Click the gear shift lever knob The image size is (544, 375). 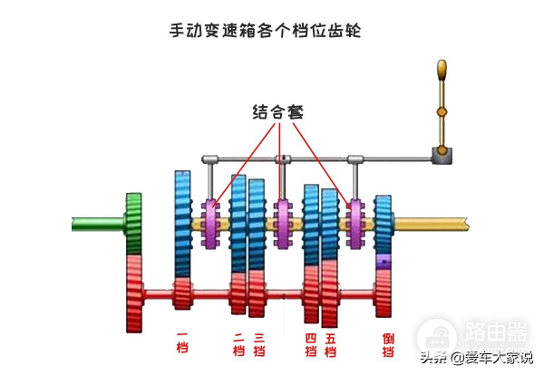click(442, 70)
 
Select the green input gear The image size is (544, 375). click(134, 223)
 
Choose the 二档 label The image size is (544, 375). click(238, 345)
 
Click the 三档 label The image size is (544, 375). click(258, 345)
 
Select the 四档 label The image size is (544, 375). click(310, 345)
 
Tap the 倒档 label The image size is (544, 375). click(389, 345)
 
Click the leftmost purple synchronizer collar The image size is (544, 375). click(215, 224)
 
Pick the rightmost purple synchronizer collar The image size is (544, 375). click(355, 224)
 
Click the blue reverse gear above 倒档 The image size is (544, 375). click(384, 222)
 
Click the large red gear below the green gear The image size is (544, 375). click(135, 293)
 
